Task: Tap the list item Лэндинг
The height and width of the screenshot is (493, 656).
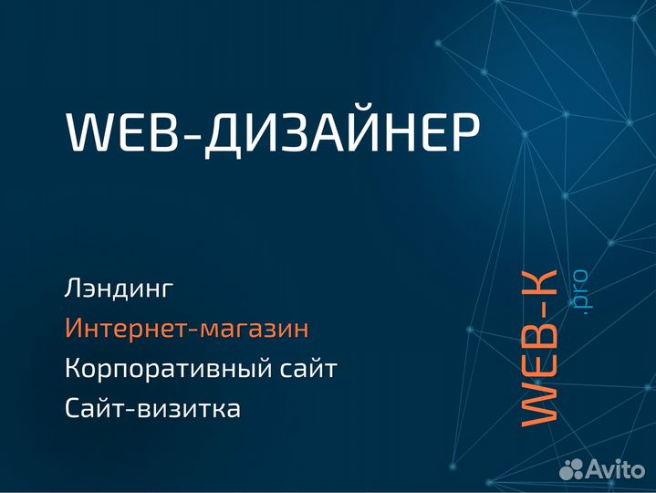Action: tap(119, 289)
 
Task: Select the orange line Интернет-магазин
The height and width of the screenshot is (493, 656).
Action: tap(187, 330)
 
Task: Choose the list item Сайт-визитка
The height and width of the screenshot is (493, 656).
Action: tap(152, 409)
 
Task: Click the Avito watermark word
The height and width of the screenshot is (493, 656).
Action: tap(616, 469)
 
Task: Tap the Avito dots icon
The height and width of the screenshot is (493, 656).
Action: tap(571, 469)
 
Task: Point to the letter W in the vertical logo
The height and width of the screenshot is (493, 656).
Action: tap(538, 402)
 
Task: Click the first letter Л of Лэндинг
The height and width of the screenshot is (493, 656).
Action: tap(74, 289)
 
